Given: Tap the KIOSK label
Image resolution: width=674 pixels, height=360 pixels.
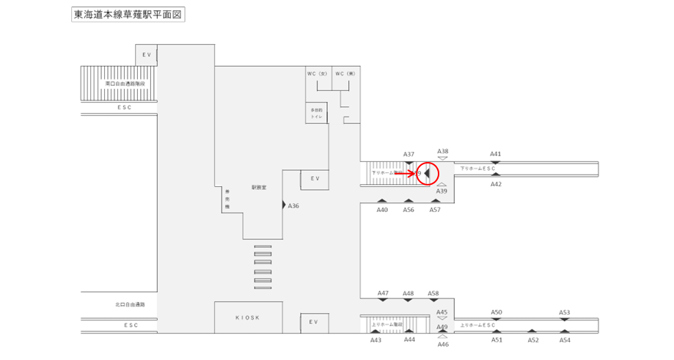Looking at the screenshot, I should pyautogui.click(x=248, y=317).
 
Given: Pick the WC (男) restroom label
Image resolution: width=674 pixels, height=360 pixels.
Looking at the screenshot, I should pyautogui.click(x=345, y=73).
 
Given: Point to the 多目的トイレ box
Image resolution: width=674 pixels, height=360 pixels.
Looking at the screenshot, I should pyautogui.click(x=317, y=113).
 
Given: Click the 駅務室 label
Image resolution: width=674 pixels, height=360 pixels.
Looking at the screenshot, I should pyautogui.click(x=258, y=188).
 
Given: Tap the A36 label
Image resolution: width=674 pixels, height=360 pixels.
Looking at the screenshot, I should pyautogui.click(x=293, y=206).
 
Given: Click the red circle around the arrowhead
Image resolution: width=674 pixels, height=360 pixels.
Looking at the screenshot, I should pyautogui.click(x=427, y=174).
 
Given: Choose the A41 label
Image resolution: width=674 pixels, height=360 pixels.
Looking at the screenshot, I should pyautogui.click(x=496, y=154).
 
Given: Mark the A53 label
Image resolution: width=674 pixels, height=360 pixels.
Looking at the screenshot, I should pyautogui.click(x=565, y=312).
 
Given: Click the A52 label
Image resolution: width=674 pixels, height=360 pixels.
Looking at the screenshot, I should pyautogui.click(x=533, y=340).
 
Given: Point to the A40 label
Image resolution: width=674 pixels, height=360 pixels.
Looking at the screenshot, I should pyautogui.click(x=382, y=210).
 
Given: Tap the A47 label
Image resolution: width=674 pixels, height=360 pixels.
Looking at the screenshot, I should pyautogui.click(x=383, y=293).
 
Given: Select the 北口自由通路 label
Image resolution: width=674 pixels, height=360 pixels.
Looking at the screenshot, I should pyautogui.click(x=131, y=304).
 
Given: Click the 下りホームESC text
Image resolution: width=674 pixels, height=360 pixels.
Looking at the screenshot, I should pyautogui.click(x=478, y=169).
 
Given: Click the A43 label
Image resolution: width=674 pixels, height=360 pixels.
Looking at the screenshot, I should pyautogui.click(x=376, y=340).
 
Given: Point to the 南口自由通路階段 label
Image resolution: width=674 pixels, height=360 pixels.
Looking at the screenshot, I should pyautogui.click(x=125, y=84).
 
